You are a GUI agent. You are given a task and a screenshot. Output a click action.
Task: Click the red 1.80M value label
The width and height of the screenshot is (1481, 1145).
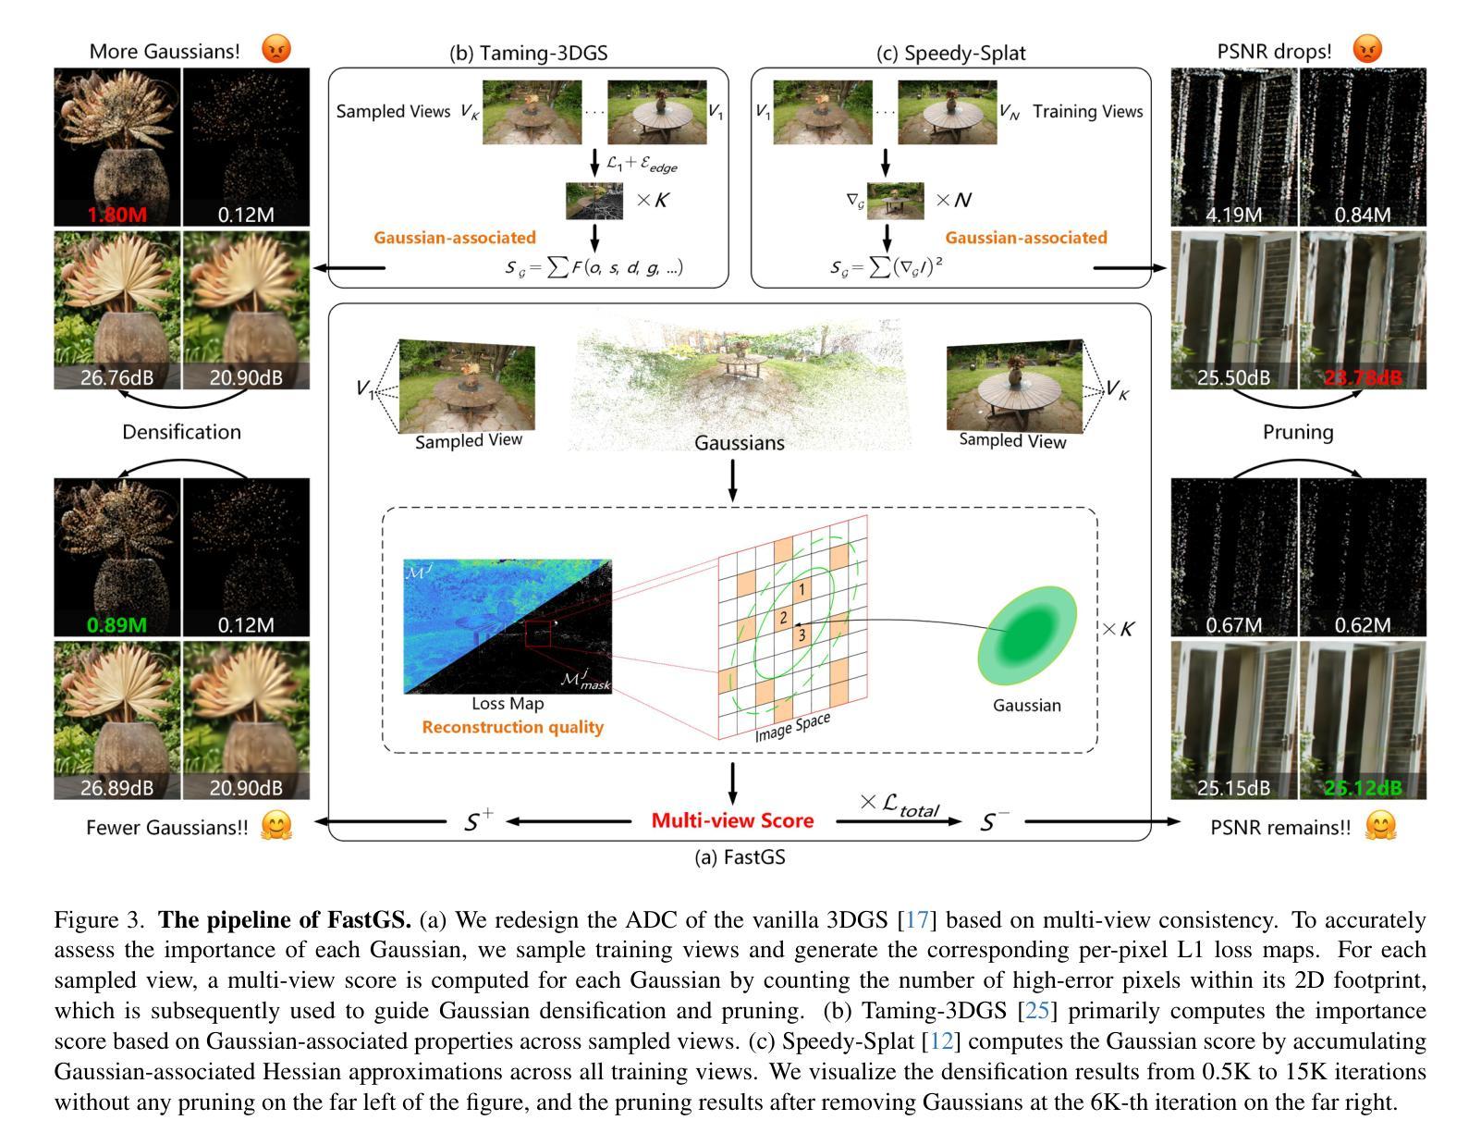coord(117,215)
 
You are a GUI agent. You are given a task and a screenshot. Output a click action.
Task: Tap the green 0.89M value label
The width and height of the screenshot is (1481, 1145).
coord(117,625)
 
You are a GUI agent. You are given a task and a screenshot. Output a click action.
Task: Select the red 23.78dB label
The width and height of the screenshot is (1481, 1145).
coord(1363,378)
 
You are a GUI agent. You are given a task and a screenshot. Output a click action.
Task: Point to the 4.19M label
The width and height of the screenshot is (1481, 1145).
coord(1234,215)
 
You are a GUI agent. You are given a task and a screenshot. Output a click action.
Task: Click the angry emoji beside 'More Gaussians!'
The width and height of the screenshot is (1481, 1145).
coord(275,49)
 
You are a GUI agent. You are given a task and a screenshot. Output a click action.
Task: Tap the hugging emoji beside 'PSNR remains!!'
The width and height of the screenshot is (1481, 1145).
coord(1379,826)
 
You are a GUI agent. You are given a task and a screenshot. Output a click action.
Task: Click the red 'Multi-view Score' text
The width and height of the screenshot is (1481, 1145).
coord(732,820)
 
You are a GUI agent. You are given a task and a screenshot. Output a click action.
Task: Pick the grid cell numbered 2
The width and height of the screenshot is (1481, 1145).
coord(783,618)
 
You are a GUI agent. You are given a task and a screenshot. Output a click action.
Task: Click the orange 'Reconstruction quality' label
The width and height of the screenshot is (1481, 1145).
coord(512,727)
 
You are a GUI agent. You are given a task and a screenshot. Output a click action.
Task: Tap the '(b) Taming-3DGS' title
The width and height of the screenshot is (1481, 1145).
coord(528,53)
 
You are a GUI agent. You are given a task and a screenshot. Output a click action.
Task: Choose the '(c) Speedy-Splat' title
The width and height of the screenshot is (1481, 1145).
coord(950,53)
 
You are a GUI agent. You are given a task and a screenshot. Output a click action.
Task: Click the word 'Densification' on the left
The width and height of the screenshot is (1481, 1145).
coord(181,432)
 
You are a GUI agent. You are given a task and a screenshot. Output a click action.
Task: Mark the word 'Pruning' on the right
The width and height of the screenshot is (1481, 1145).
coord(1298,432)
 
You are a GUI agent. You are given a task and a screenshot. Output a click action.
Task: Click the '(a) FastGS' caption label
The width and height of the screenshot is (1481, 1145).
coord(740,857)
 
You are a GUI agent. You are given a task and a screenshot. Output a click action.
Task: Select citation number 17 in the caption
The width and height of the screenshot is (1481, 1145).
coord(916,920)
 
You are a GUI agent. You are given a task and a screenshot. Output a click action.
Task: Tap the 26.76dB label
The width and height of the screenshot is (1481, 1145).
coord(117,378)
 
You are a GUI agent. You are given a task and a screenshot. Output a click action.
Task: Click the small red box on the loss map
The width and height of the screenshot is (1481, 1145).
coord(538,634)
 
